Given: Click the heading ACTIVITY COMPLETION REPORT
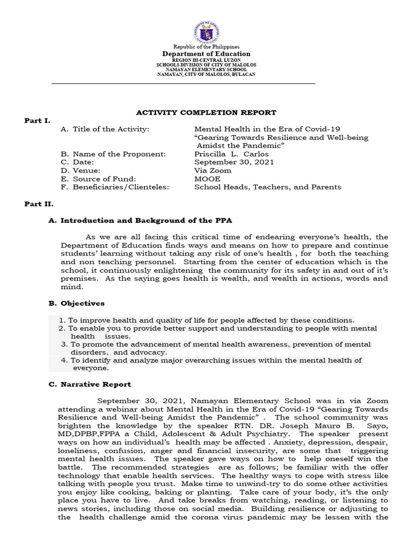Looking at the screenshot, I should pyautogui.click(x=206, y=112).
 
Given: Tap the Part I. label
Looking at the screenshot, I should pyautogui.click(x=36, y=121).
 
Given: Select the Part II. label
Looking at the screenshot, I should pyautogui.click(x=38, y=204).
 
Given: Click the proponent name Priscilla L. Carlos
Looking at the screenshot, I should pyautogui.click(x=231, y=154).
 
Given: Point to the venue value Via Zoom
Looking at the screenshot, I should pyautogui.click(x=212, y=171).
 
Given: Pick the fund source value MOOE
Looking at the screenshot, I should pyautogui.click(x=208, y=179).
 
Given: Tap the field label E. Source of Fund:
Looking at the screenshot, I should pyautogui.click(x=98, y=179).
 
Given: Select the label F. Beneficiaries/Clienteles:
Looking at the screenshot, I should pyautogui.click(x=115, y=187).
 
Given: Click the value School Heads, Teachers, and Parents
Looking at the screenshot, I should pyautogui.click(x=267, y=187).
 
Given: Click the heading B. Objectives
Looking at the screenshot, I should pyautogui.click(x=76, y=303).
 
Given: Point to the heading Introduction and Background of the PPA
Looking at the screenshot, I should pyautogui.click(x=146, y=221).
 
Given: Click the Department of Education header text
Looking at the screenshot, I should pyautogui.click(x=206, y=54).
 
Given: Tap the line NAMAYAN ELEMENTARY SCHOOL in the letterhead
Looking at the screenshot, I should pyautogui.click(x=206, y=70).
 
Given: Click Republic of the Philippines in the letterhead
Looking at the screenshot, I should pyautogui.click(x=206, y=47).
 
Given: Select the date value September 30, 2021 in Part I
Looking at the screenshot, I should pyautogui.click(x=234, y=162).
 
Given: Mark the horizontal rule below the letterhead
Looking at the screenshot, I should pyautogui.click(x=183, y=84).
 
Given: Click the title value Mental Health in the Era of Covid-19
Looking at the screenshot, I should pyautogui.click(x=267, y=129).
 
